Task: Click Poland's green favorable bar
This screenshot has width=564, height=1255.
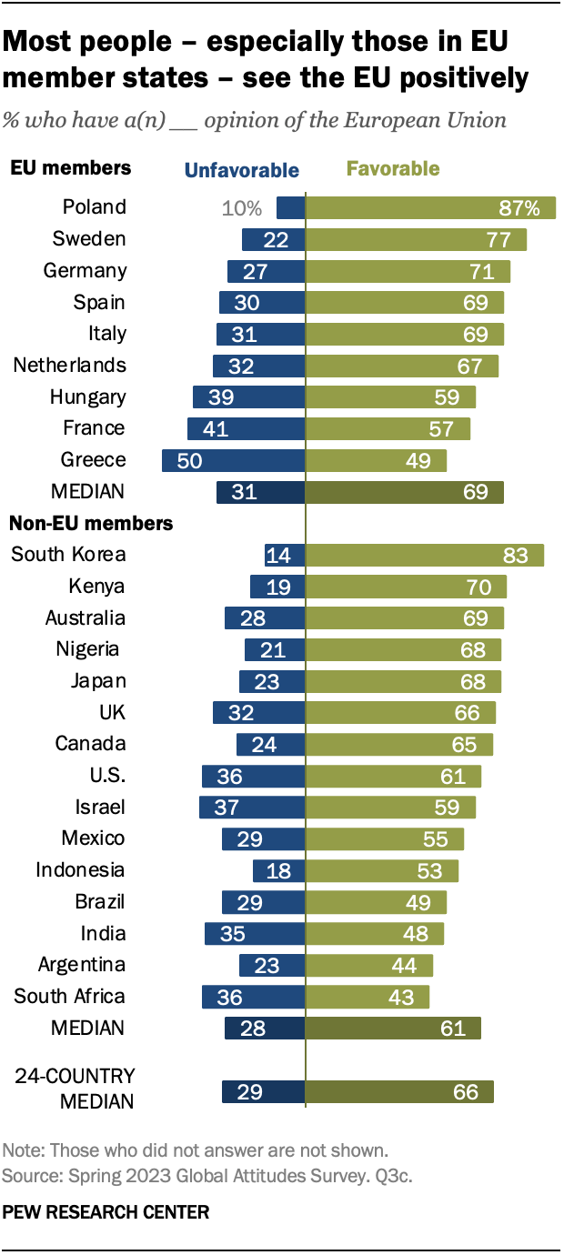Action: tap(430, 207)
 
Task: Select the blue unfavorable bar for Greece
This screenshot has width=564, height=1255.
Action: tap(233, 460)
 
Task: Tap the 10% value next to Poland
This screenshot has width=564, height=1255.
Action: tap(242, 208)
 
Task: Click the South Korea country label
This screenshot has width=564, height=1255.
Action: tap(68, 555)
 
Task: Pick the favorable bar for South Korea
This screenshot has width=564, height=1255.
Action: tap(424, 556)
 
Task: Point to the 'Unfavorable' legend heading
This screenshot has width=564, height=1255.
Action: tap(241, 170)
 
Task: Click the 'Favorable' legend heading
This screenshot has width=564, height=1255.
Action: tap(392, 169)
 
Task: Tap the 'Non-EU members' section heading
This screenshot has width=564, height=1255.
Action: tap(91, 524)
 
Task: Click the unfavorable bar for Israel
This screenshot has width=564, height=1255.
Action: tap(252, 808)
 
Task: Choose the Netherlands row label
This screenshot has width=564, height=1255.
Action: tap(70, 366)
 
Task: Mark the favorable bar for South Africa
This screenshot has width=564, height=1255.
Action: tap(368, 997)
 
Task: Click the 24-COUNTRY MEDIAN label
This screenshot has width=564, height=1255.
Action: tap(75, 1089)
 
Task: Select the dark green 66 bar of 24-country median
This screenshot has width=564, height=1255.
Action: tap(399, 1091)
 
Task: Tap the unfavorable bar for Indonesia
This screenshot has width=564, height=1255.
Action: tap(278, 870)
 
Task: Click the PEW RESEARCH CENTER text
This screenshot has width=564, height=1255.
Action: tap(106, 1212)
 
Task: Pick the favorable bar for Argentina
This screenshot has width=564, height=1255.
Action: tap(369, 965)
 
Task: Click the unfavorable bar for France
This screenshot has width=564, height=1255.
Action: tap(246, 428)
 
